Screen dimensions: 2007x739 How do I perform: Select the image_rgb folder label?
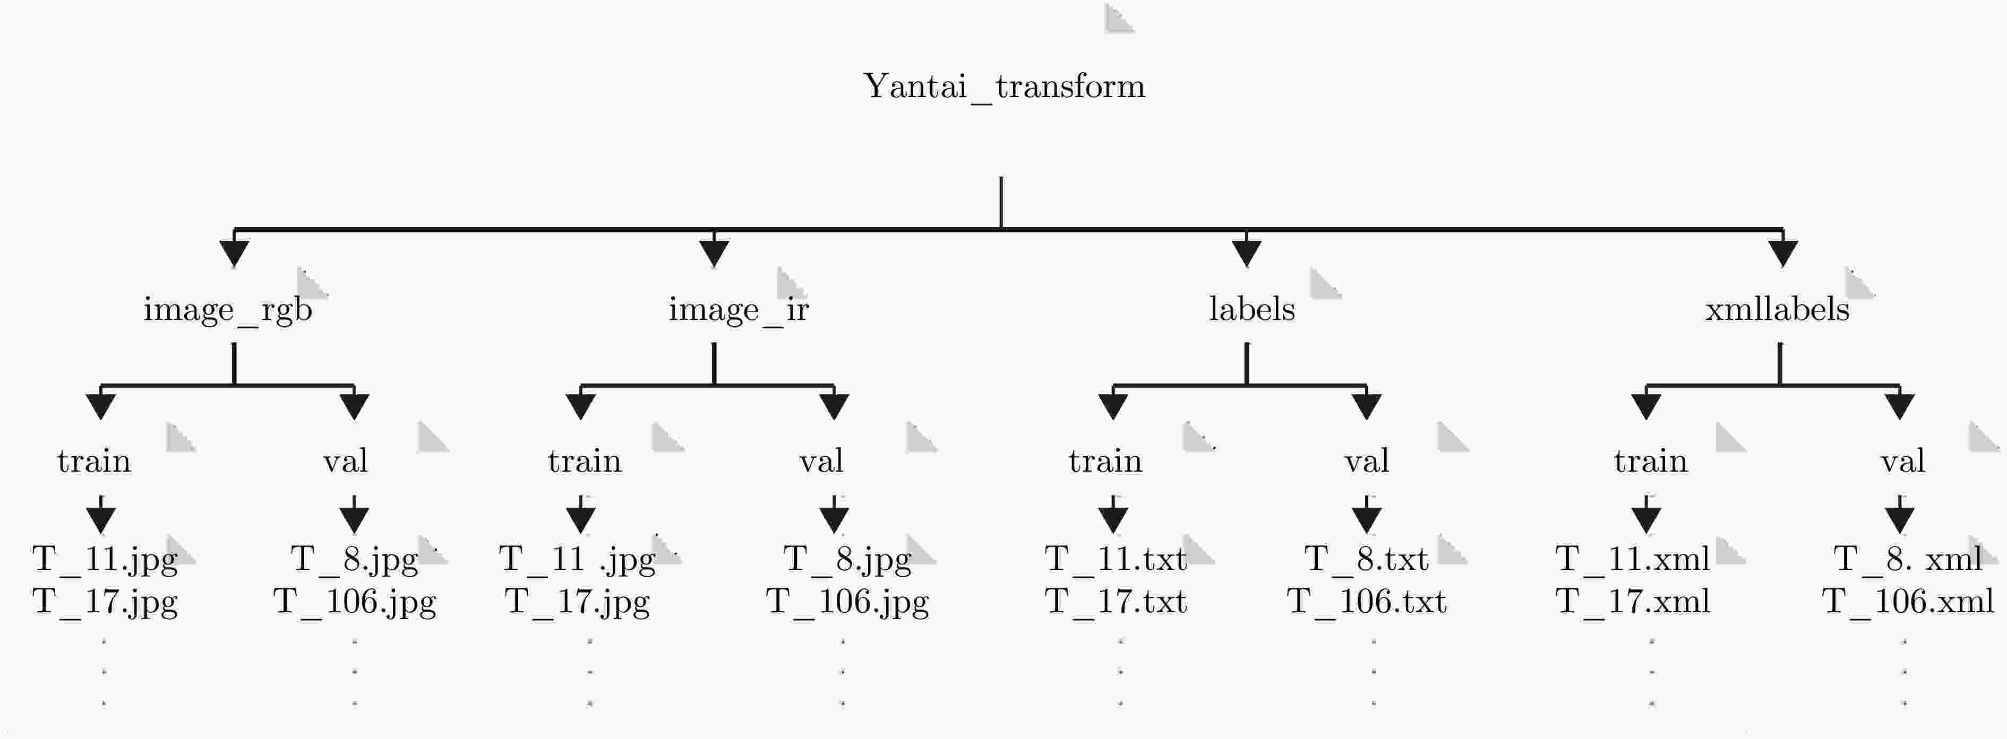pyautogui.click(x=227, y=310)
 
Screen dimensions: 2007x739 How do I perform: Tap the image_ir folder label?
pyautogui.click(x=739, y=310)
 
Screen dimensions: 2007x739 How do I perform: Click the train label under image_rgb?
pyautogui.click(x=95, y=461)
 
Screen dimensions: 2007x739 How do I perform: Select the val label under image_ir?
pyautogui.click(x=821, y=461)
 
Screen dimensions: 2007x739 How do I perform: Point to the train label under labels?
pyautogui.click(x=1105, y=461)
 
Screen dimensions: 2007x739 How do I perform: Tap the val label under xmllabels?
pyautogui.click(x=1902, y=461)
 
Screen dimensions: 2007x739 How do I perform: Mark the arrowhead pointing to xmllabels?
pyautogui.click(x=1783, y=254)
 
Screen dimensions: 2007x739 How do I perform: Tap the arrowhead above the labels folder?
pyautogui.click(x=1247, y=254)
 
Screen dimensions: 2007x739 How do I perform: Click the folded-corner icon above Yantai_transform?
pyautogui.click(x=1120, y=19)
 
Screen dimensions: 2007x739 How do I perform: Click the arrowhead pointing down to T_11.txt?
pyautogui.click(x=1113, y=519)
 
